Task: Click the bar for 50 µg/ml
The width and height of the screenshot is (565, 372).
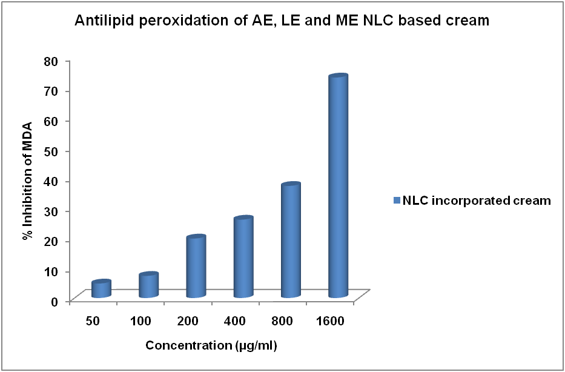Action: [x=101, y=289]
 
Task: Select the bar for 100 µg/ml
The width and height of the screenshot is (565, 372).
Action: [x=148, y=285]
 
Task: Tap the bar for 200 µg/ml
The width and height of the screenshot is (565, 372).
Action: [x=196, y=267]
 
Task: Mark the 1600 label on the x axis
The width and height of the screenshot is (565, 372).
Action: [x=331, y=320]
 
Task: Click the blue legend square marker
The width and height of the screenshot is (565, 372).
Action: [x=397, y=201]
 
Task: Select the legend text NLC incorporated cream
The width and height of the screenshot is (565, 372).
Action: [x=477, y=201]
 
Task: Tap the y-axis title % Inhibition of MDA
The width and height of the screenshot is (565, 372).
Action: [x=27, y=181]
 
